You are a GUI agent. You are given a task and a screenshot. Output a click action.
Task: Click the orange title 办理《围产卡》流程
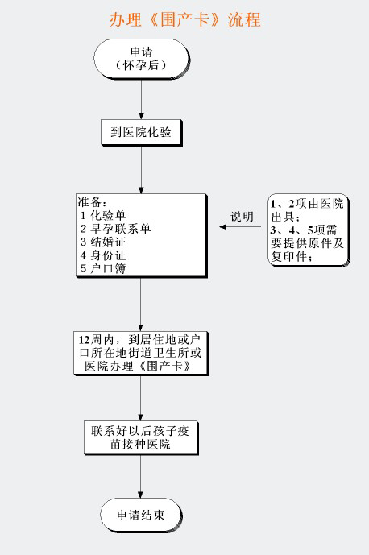[x=184, y=19]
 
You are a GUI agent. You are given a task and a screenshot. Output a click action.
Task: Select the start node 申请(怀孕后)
[x=142, y=59]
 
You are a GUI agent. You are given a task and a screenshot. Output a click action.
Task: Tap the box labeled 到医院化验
[x=141, y=132]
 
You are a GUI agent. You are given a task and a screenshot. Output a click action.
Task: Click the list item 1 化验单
[x=103, y=215]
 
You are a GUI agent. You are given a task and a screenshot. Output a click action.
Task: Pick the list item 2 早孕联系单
[x=115, y=229]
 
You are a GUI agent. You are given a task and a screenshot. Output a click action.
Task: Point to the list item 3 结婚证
[x=103, y=242]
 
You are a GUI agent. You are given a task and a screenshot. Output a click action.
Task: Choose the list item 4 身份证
[x=103, y=255]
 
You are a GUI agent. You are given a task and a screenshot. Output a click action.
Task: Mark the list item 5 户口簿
[x=103, y=268]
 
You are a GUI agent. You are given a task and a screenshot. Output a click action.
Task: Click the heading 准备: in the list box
[x=92, y=202]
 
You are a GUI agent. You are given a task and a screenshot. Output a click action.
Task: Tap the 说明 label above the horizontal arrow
[x=243, y=217]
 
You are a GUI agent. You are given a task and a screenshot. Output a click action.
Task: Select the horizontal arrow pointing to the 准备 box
[x=240, y=227]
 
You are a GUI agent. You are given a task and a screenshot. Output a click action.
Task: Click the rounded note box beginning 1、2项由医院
[x=309, y=230]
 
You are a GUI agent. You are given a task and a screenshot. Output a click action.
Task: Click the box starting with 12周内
[x=140, y=353]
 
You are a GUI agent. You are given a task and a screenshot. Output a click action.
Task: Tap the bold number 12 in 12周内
[x=85, y=340]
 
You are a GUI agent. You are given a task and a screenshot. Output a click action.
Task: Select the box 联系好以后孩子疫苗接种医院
[x=140, y=437]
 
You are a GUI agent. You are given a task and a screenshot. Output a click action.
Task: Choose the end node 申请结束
[x=141, y=515]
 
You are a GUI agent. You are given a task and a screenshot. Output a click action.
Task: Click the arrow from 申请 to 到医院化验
[x=141, y=99]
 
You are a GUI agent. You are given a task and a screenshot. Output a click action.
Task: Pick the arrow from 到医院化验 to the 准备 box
[x=141, y=169]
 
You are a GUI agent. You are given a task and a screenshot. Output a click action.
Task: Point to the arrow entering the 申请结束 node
[x=140, y=476]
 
